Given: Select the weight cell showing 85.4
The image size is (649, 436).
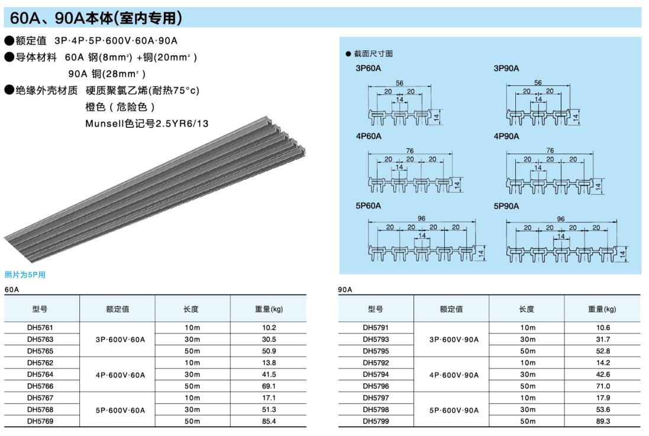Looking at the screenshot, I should point(269,421).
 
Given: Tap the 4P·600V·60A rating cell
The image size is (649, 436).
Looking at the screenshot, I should point(120,374).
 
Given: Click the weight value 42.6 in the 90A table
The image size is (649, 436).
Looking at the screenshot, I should point(603,374).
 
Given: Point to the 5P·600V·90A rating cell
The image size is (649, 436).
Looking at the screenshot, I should point(454,409).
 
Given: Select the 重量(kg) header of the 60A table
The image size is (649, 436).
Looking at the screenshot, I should point(269,309).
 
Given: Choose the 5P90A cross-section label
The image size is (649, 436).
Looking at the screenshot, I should point(506,206).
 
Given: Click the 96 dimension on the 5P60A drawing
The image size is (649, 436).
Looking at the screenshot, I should point(422,219).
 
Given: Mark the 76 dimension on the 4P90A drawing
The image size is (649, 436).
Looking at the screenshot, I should point(550,150).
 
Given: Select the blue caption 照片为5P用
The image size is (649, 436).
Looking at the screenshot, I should point(25,275).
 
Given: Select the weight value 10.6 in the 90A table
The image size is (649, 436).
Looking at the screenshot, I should point(603,328).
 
